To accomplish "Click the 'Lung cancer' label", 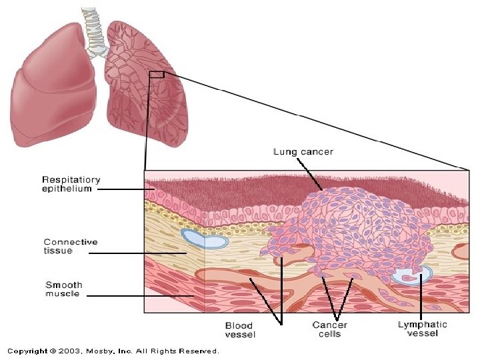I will click(303, 152).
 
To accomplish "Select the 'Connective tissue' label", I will click(71, 246).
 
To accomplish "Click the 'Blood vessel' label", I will click(239, 330).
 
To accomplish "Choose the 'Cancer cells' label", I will click(329, 330).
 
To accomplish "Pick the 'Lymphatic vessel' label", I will click(422, 329).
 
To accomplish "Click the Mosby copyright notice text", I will click(113, 351).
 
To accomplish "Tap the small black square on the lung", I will click(157, 75).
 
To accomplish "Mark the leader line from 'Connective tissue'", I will click(137, 253).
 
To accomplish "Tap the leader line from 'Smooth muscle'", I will click(140, 295).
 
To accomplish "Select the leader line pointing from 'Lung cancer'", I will click(314, 173).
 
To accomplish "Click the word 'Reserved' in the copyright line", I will click(201, 351).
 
